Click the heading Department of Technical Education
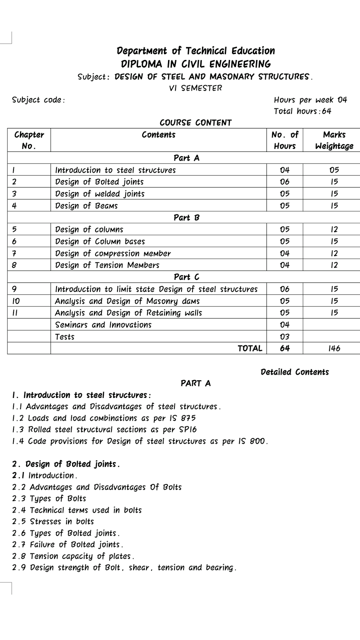tap(196, 51)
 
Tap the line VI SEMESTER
tap(195, 88)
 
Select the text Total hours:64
tap(302, 111)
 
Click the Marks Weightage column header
tap(334, 140)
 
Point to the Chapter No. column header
tap(29, 140)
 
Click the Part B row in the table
tap(186, 218)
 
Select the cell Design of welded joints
tap(100, 194)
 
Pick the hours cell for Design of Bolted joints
tap(284, 182)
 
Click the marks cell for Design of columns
tap(334, 230)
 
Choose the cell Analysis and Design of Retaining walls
tap(128, 313)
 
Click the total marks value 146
tap(334, 348)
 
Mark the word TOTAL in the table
tap(250, 348)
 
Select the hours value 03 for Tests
tap(284, 337)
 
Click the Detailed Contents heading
tap(294, 372)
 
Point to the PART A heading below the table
tap(195, 383)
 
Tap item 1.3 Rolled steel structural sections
tap(104, 430)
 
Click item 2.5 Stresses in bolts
tap(53, 522)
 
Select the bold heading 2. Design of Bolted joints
tap(66, 464)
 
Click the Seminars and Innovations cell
tap(103, 325)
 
